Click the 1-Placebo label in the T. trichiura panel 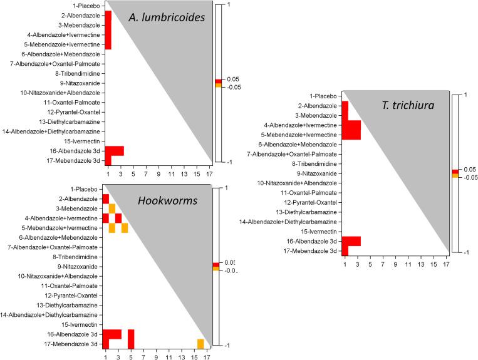(x=324, y=96)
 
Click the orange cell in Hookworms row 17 (x=200, y=344)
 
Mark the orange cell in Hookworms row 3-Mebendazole (x=112, y=208)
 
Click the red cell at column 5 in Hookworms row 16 (x=131, y=334)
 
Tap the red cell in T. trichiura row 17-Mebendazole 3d (x=345, y=251)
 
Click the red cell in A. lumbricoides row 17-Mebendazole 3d (x=108, y=160)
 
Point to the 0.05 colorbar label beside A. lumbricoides (x=232, y=79)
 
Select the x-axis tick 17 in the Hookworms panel (x=207, y=356)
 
